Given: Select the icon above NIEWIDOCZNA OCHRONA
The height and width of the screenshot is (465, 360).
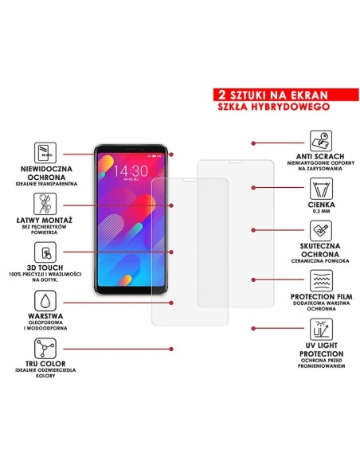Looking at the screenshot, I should [46, 152].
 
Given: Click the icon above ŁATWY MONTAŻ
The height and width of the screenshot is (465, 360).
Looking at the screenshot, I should [46, 201].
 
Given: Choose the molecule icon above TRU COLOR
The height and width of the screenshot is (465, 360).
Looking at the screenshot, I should [46, 348].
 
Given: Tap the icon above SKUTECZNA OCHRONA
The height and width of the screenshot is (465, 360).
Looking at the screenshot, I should [317, 232].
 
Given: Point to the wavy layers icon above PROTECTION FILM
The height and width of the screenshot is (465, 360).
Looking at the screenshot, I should [317, 280].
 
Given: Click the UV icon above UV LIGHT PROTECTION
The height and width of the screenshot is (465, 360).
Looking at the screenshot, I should [317, 329].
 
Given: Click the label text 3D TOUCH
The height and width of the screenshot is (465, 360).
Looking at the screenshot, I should [46, 268].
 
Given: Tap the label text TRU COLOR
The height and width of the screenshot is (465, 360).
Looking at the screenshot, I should [46, 365].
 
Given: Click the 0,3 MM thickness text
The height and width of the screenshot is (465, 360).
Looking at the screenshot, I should [317, 211].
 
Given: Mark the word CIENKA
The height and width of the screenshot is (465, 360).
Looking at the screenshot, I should [317, 205].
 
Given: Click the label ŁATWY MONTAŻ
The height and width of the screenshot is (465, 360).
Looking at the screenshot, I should [46, 220].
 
